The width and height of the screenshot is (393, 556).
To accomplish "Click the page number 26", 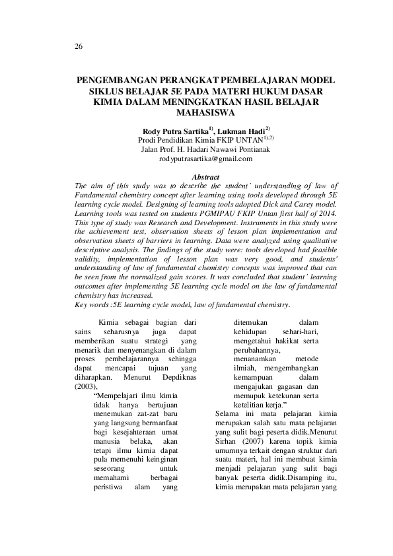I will (79, 47).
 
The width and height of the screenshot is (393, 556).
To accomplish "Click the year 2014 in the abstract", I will (327, 215).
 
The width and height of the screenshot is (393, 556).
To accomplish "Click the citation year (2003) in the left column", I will (86, 386).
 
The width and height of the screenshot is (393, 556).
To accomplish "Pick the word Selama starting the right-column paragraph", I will (229, 413).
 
